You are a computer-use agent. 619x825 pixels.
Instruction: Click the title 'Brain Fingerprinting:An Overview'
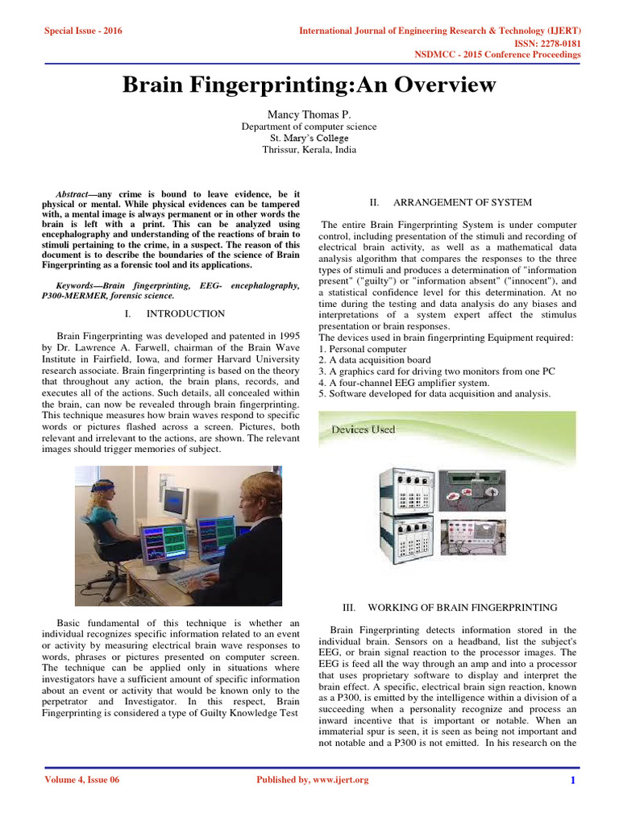(309, 85)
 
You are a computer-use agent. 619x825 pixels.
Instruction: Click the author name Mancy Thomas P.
(309, 114)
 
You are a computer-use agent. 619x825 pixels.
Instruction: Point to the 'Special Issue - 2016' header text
(77, 31)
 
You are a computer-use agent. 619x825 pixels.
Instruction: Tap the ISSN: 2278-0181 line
(546, 43)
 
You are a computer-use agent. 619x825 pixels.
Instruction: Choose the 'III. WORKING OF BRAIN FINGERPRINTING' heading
(462, 607)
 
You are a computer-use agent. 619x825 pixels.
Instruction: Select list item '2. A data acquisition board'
(375, 360)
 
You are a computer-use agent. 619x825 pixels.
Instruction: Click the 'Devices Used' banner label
(364, 429)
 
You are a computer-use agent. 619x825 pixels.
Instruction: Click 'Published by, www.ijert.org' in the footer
(312, 780)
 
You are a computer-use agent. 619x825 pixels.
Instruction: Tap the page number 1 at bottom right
(572, 780)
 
